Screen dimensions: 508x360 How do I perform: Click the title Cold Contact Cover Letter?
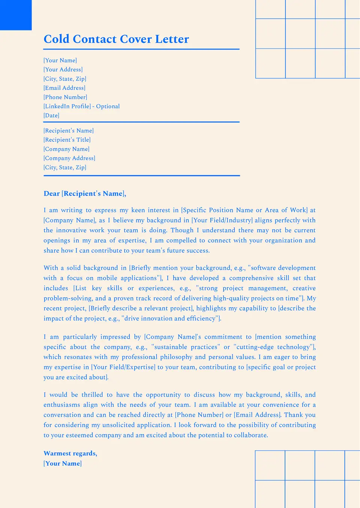116,39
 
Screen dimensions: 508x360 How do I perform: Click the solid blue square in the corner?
16,15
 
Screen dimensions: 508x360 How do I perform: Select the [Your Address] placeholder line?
63,69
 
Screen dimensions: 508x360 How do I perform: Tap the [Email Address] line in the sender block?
64,88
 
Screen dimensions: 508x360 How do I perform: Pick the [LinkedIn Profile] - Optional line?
82,106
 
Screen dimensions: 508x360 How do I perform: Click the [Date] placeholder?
51,115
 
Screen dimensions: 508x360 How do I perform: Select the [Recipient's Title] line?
67,140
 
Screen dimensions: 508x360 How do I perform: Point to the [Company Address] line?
69,158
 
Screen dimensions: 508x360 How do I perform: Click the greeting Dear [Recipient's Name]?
85,193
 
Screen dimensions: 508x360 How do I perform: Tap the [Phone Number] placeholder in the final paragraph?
199,415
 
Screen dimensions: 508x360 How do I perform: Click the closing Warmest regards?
70,453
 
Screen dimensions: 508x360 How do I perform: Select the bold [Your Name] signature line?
63,463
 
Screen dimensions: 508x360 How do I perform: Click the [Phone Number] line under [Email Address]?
65,97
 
